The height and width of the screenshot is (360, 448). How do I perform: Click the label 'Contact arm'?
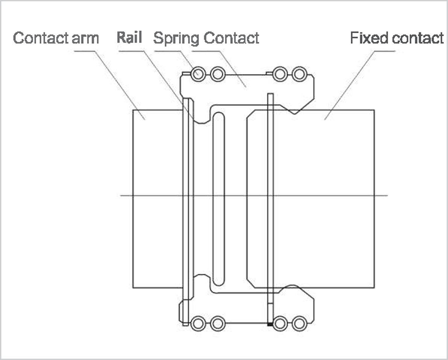point(56,38)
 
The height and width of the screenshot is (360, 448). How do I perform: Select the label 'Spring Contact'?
point(206,38)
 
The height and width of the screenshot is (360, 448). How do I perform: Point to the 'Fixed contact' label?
point(397,38)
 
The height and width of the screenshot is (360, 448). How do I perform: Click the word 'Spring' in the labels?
point(176,38)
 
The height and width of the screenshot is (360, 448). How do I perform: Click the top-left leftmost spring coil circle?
point(198,74)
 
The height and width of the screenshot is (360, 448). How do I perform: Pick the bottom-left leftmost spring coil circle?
point(198,323)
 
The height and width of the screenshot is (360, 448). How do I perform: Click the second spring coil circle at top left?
point(218,74)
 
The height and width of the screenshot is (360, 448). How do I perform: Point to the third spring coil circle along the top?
point(280,74)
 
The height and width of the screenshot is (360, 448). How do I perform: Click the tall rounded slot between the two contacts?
point(219,199)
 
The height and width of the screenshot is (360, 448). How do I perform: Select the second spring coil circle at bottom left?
point(218,323)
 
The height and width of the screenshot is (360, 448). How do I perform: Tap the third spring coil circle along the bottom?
point(280,323)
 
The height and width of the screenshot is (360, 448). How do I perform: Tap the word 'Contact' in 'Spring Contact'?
point(231,38)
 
